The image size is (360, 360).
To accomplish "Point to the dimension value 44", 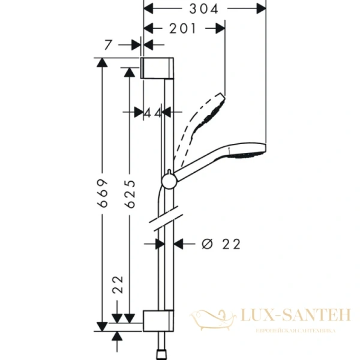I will point(154,112).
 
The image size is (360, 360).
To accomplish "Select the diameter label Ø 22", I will point(221,244).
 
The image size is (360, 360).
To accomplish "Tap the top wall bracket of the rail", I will point(158,69).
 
